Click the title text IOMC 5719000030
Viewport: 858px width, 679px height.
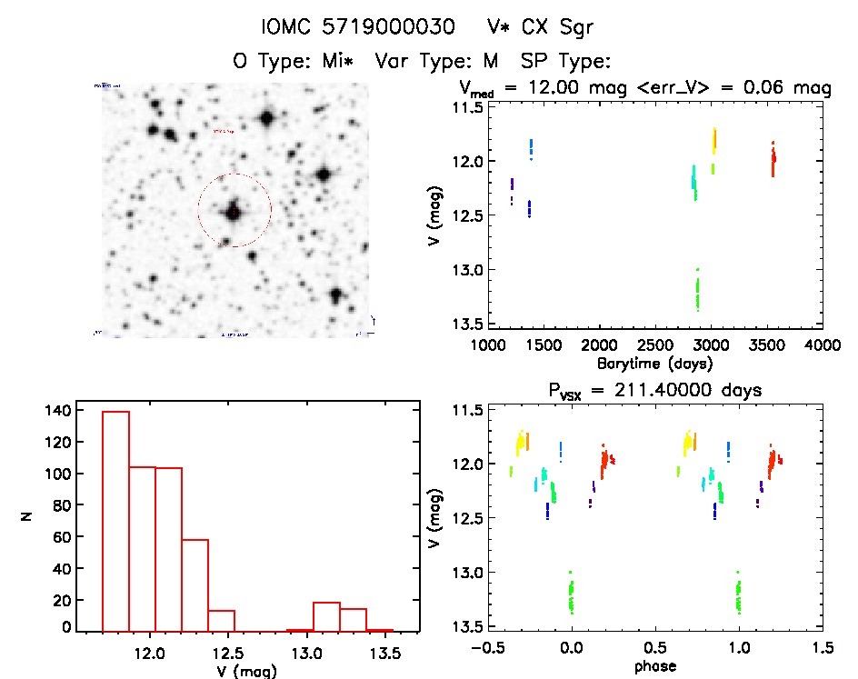(358, 28)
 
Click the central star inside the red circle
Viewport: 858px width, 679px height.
(234, 212)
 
